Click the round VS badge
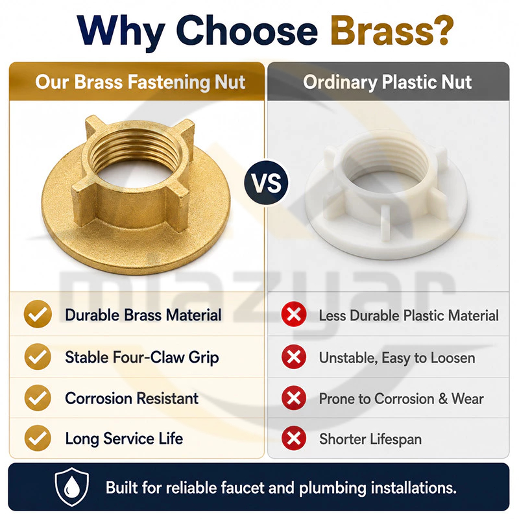(266, 183)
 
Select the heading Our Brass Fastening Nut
(140, 82)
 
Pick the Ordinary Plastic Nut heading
(387, 82)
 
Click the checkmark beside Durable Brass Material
(38, 314)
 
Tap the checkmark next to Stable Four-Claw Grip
(38, 356)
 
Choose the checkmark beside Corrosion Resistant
(38, 398)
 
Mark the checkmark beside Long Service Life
(38, 439)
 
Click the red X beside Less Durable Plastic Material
(294, 314)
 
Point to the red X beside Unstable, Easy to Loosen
(294, 357)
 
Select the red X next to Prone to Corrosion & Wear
(294, 398)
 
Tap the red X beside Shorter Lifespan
(294, 439)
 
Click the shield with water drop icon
(72, 487)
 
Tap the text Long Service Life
(124, 439)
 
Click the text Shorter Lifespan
(370, 440)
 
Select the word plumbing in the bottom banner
(333, 489)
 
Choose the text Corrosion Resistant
(132, 398)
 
